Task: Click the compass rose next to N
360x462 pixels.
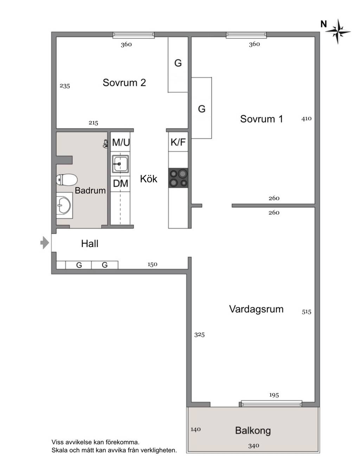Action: pyautogui.click(x=338, y=32)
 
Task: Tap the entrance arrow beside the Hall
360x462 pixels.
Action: pyautogui.click(x=45, y=242)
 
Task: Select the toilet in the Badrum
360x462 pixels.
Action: pyautogui.click(x=66, y=180)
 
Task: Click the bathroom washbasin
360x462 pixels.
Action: pyautogui.click(x=64, y=205)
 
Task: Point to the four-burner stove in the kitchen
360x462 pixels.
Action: pyautogui.click(x=178, y=178)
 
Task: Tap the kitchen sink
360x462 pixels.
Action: pyautogui.click(x=121, y=164)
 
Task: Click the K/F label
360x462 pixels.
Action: pyautogui.click(x=178, y=142)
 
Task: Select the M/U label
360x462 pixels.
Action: pyautogui.click(x=121, y=142)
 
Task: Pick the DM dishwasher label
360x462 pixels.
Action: pyautogui.click(x=121, y=183)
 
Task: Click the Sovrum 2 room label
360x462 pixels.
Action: pyautogui.click(x=124, y=83)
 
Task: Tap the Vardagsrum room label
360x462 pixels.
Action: pyautogui.click(x=256, y=309)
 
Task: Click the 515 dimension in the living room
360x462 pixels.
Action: pyautogui.click(x=307, y=312)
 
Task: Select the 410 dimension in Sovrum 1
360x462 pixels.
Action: pyautogui.click(x=307, y=119)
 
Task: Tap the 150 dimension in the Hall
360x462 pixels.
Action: pyautogui.click(x=153, y=264)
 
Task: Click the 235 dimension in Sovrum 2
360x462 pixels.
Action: pyautogui.click(x=65, y=86)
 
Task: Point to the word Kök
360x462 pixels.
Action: pyautogui.click(x=149, y=179)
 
